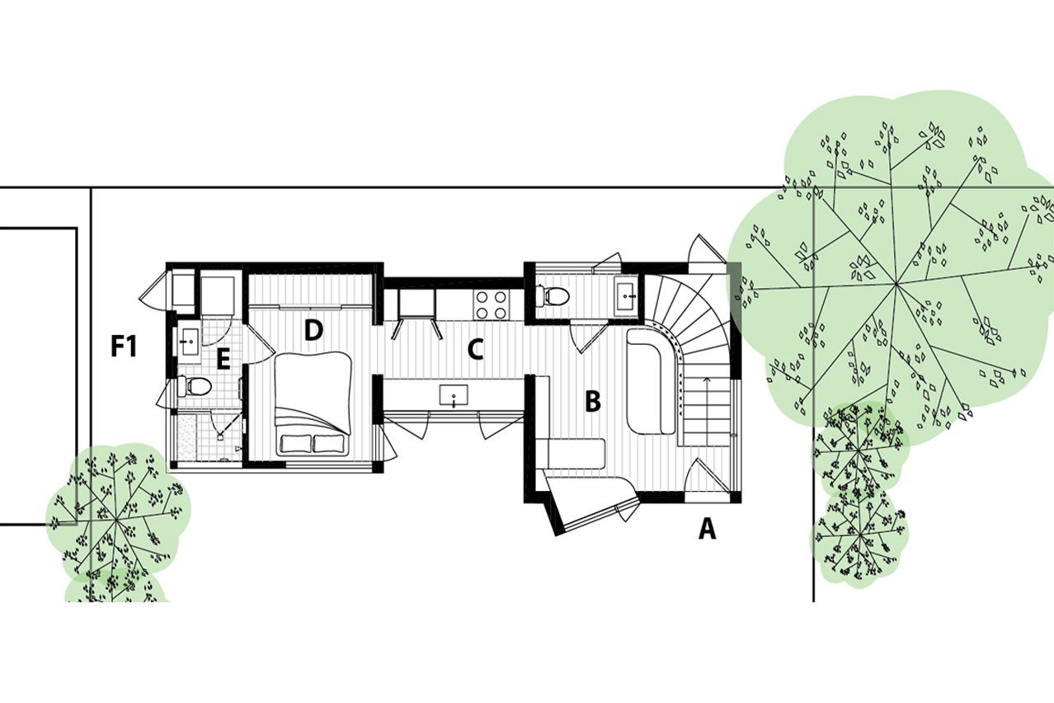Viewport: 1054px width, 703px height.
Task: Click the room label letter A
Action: click(707, 529)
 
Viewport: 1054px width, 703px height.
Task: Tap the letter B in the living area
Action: click(593, 402)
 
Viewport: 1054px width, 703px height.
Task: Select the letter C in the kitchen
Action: click(475, 350)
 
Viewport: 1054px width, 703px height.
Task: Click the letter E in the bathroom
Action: click(223, 361)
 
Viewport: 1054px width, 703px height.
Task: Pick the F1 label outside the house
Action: click(124, 347)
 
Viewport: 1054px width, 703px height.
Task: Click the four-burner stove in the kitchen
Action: click(492, 305)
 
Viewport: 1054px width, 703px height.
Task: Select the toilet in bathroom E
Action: click(195, 387)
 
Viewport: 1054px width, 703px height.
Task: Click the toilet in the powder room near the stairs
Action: click(553, 295)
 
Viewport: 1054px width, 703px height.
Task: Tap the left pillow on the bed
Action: click(296, 444)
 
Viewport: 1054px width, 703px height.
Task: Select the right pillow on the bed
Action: click(329, 444)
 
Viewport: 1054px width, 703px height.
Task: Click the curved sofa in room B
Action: click(652, 381)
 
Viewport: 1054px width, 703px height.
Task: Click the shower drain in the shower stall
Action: click(219, 437)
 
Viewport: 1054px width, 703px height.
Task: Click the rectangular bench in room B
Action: click(576, 453)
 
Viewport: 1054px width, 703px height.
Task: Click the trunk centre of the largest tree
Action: click(895, 284)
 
